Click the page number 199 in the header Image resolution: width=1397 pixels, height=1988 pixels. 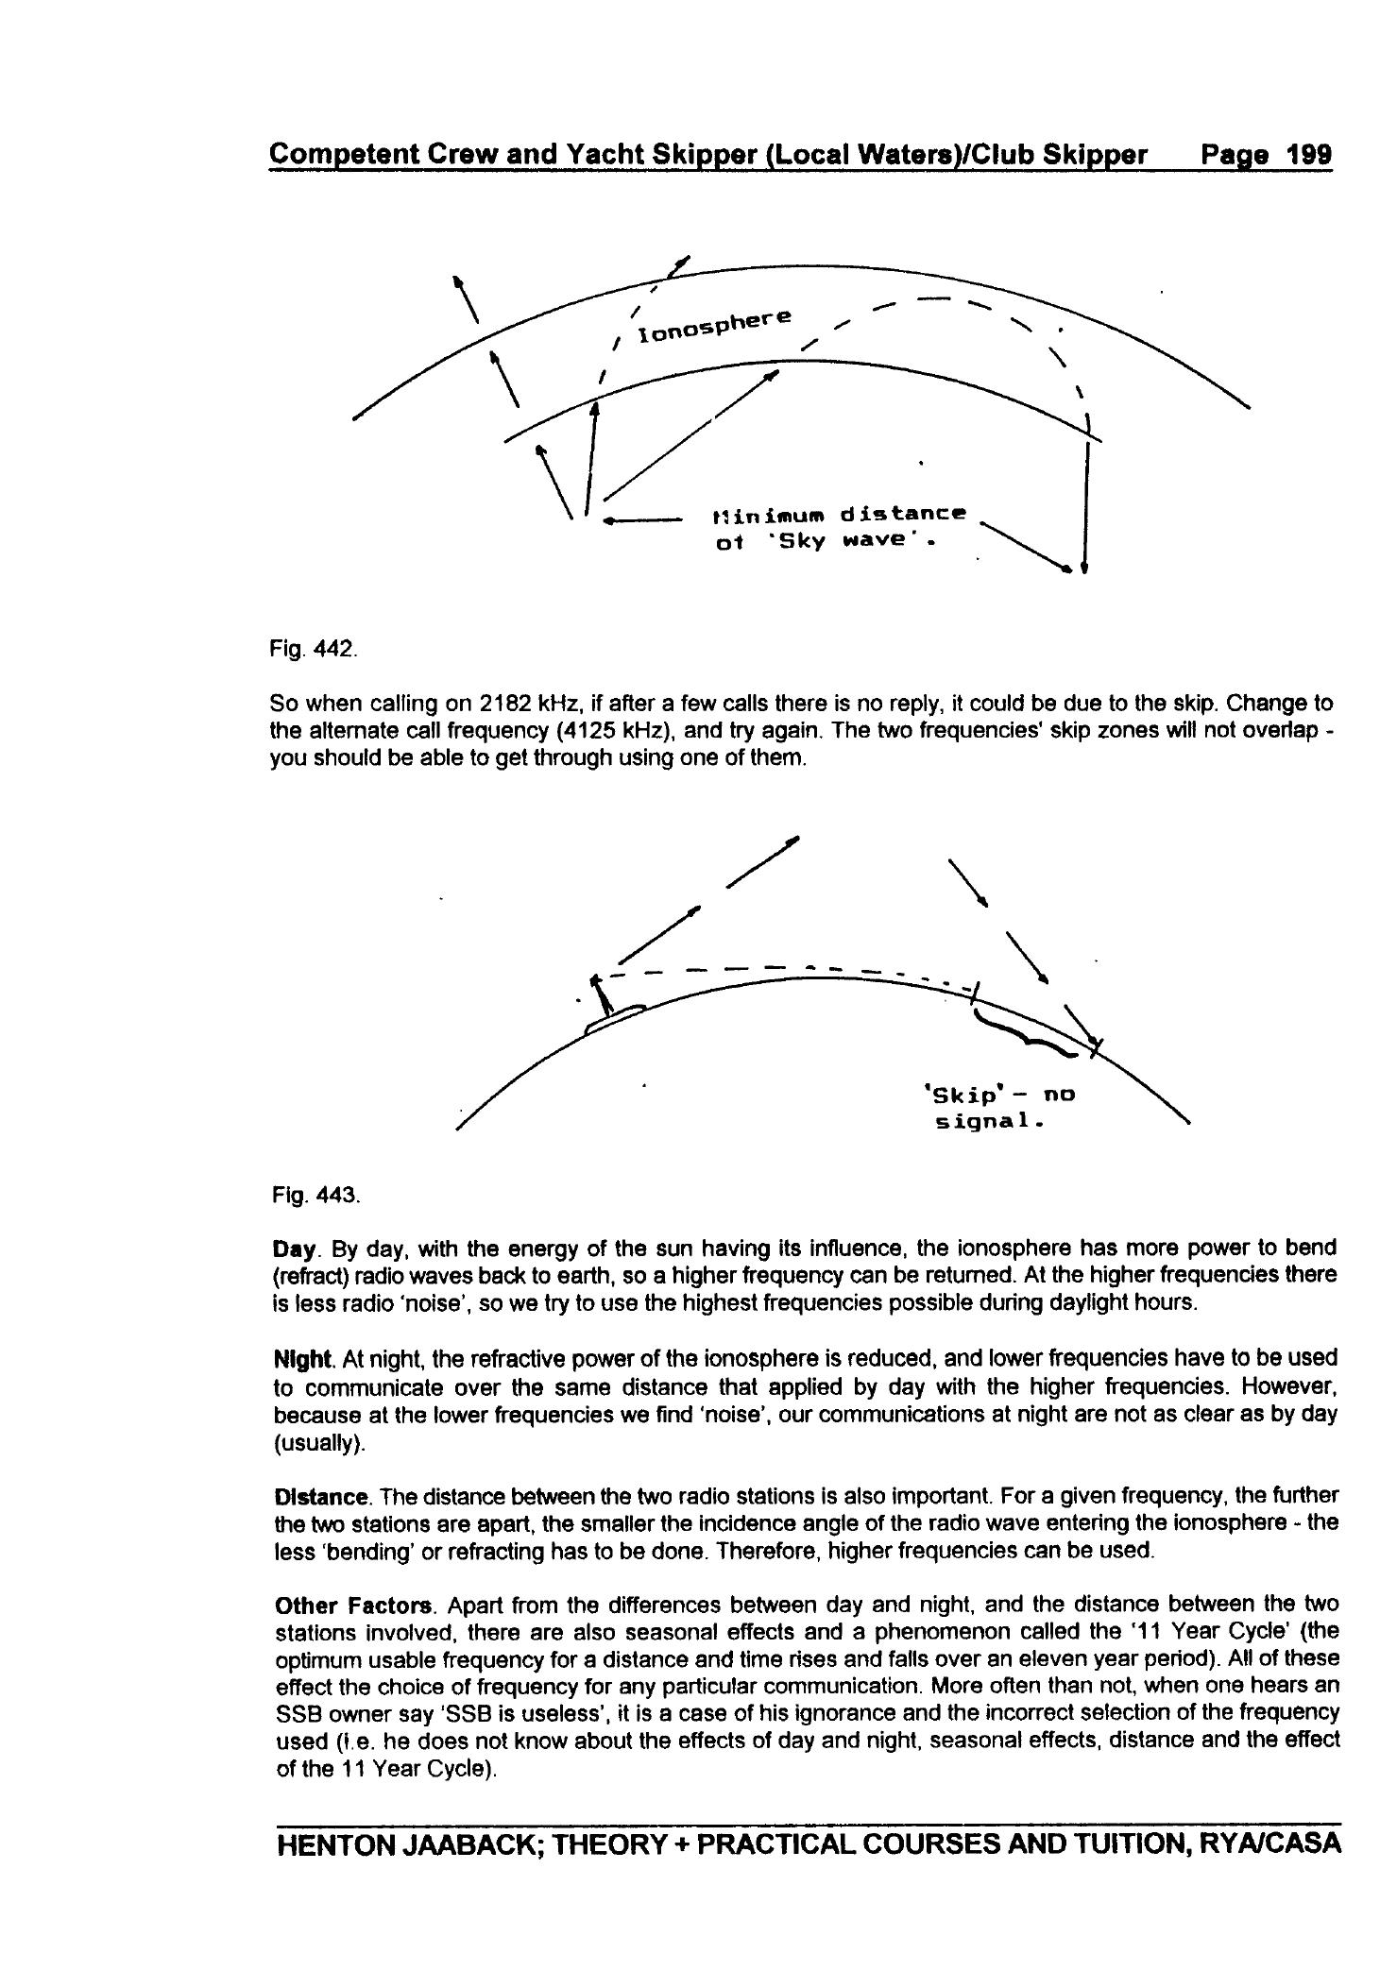click(1307, 154)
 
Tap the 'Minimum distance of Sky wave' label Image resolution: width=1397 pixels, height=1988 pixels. click(839, 529)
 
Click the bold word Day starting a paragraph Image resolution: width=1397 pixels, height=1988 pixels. click(296, 1249)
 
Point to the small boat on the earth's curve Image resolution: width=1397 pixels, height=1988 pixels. click(614, 1019)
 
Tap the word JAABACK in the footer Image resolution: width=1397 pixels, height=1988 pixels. click(468, 1844)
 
